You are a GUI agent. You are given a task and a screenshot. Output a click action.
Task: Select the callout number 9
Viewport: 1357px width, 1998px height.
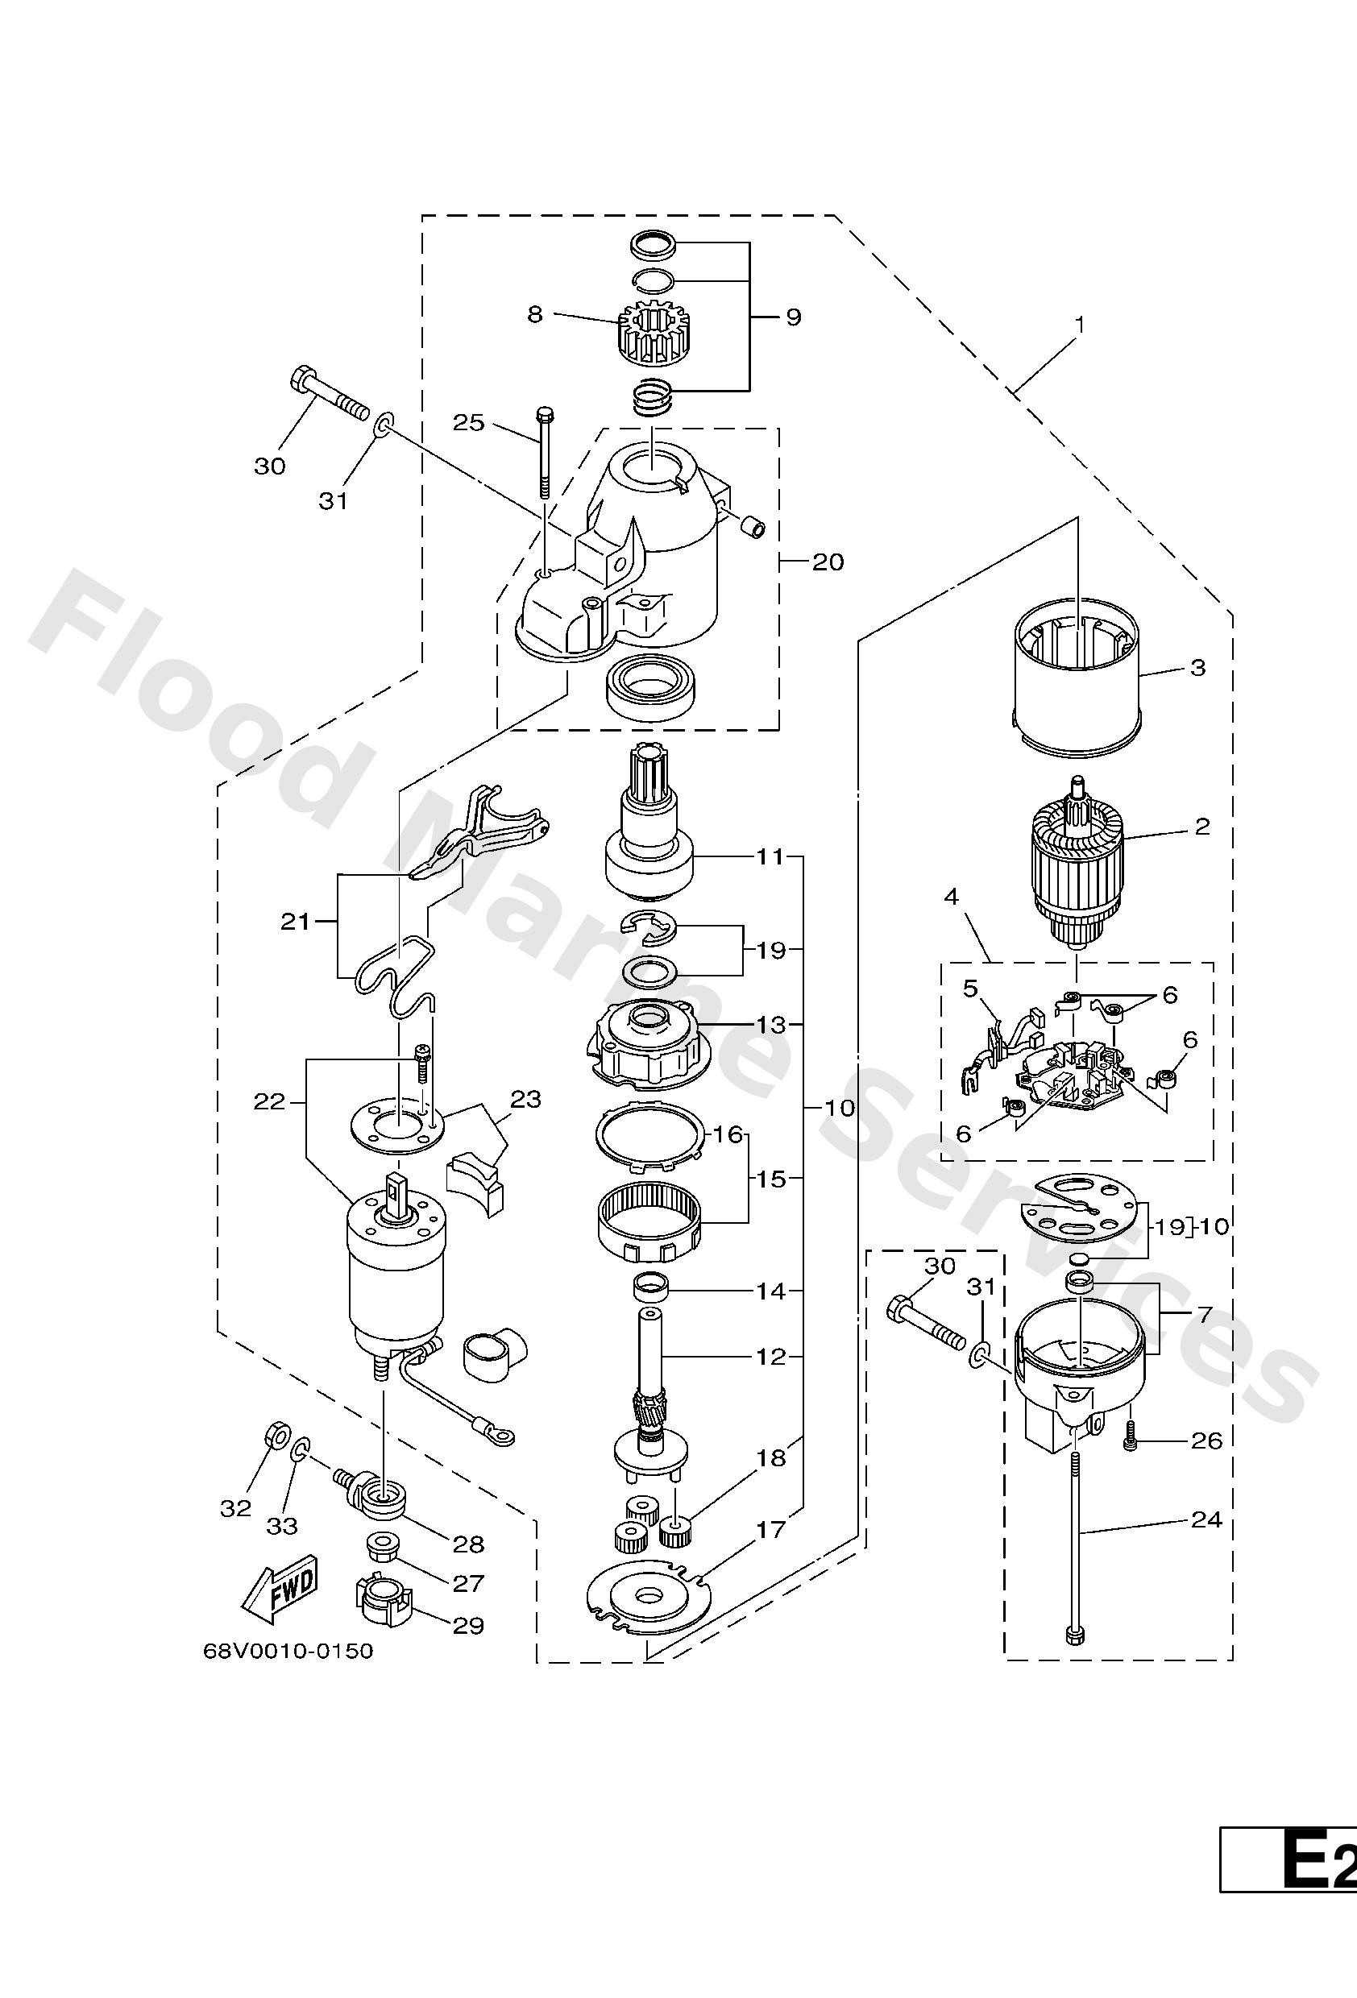(x=793, y=317)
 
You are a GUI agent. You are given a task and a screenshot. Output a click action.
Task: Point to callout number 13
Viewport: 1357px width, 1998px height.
(x=771, y=1025)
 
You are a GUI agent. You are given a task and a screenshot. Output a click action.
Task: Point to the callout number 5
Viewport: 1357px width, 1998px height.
(x=970, y=989)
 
